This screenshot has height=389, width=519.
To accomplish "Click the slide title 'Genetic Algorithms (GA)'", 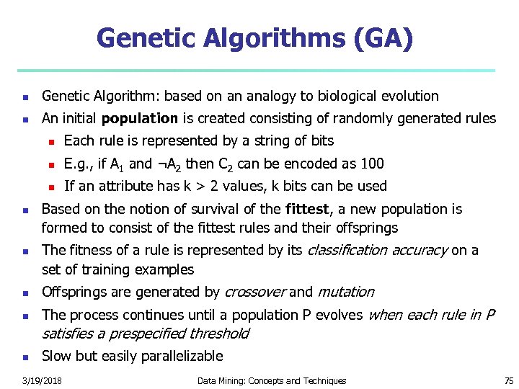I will [255, 38].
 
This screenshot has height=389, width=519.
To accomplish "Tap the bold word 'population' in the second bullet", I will [140, 118].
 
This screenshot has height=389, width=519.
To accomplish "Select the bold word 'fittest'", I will [307, 210].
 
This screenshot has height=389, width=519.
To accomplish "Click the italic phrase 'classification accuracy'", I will [378, 251].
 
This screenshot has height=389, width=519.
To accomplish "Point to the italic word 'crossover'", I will [255, 292].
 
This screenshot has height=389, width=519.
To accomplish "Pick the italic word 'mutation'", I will [346, 292].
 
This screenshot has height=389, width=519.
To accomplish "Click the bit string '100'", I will [372, 164].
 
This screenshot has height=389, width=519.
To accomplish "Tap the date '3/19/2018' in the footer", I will [41, 380].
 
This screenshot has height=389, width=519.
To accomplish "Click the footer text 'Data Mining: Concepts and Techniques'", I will [272, 380].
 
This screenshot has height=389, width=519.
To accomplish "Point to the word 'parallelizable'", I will [182, 356].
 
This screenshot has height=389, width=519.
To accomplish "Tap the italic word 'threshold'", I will [218, 334].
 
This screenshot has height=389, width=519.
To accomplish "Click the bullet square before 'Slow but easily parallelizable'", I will [25, 357].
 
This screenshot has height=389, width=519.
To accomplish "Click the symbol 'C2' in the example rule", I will [226, 164].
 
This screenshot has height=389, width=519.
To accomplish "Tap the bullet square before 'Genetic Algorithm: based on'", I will [25, 97].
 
